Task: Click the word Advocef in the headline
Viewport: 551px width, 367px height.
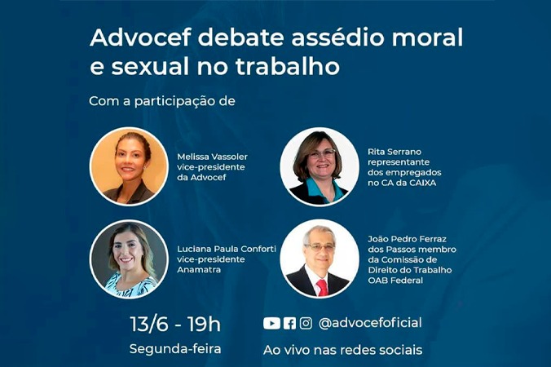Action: [140, 38]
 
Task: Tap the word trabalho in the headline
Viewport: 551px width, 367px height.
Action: [288, 66]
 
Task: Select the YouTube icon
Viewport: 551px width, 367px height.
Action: [271, 324]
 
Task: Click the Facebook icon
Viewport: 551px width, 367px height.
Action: [289, 324]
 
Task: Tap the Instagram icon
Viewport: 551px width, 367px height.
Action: [306, 324]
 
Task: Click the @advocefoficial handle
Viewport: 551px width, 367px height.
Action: [370, 323]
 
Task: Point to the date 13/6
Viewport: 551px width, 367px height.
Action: [149, 324]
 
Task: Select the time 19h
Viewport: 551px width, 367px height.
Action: [204, 324]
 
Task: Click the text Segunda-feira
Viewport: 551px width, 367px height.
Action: [175, 349]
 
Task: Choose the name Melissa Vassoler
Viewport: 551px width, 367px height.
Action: [212, 157]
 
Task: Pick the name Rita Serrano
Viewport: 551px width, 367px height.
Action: [395, 152]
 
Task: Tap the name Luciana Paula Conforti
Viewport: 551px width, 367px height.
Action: [227, 250]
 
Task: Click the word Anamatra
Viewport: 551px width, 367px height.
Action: [199, 270]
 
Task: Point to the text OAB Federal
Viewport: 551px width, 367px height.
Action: [395, 281]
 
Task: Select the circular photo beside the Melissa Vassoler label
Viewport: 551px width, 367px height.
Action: [129, 166]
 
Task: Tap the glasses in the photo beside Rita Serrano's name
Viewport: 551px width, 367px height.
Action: [321, 153]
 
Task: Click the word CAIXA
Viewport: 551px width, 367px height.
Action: [423, 183]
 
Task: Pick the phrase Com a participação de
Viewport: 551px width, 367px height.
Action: [162, 101]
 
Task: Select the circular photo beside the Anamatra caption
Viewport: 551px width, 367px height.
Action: [129, 259]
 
